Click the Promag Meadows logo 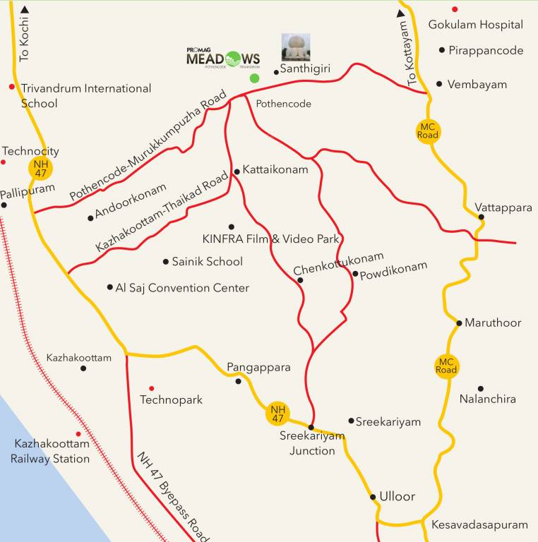point(222,58)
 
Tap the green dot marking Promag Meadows point(254,78)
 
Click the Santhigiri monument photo point(296,47)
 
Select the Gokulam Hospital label point(476,25)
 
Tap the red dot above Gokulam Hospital point(455,9)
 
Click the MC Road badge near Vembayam point(428,131)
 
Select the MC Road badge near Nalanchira point(446,366)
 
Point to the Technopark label point(171,400)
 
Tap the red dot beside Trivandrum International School point(11,87)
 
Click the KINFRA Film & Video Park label point(271,239)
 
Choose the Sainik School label point(207,262)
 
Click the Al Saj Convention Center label point(182,288)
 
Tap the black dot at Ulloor point(373,497)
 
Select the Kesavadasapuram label point(480,525)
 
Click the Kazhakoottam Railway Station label point(52,452)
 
